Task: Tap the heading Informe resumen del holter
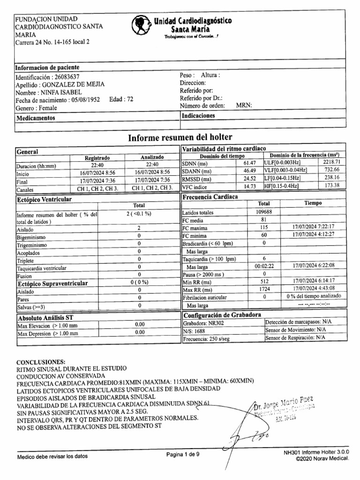(180, 137)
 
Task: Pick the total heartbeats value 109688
(264, 212)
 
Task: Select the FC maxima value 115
(264, 227)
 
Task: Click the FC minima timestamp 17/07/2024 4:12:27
(313, 235)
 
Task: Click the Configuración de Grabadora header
(222, 315)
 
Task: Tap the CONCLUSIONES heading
(41, 362)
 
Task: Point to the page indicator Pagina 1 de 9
(183, 454)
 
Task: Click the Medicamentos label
(36, 118)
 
